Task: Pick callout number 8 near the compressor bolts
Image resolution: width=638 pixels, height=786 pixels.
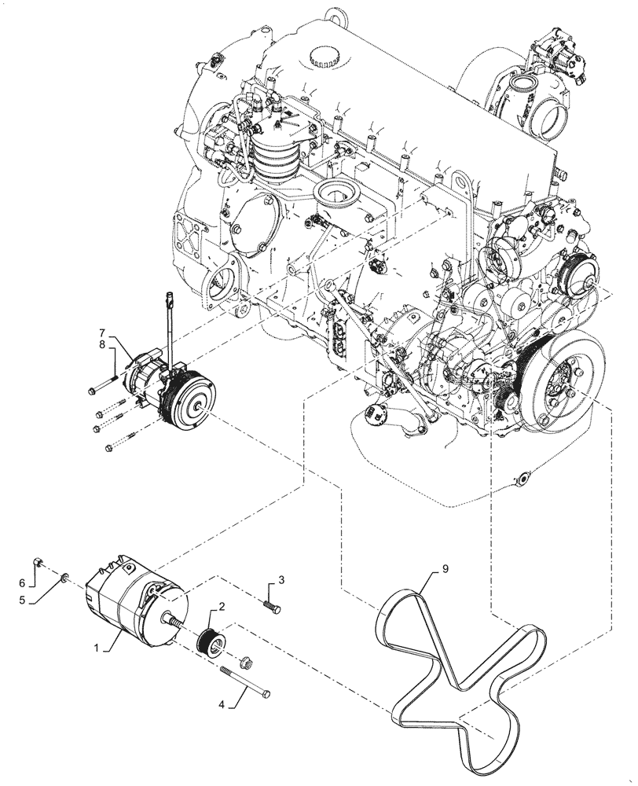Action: click(101, 347)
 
